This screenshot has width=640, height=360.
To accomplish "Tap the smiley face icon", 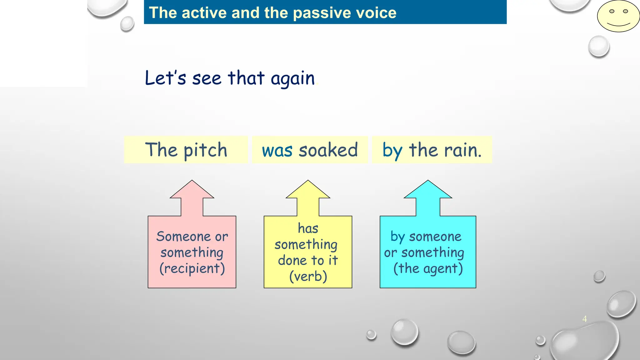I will [618, 16].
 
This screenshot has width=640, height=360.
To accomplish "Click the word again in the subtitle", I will [292, 78].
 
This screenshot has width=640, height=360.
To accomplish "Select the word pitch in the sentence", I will [205, 151].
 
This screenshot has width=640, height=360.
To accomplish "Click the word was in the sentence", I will [277, 151].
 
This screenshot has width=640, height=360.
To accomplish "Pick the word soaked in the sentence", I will [328, 150].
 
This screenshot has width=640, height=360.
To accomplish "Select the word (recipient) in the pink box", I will [192, 268].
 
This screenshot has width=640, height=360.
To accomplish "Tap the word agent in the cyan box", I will [440, 269].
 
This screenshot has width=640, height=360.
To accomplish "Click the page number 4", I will [584, 319].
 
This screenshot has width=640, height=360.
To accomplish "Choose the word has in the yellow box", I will [308, 228].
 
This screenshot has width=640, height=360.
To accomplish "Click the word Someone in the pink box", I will [183, 237].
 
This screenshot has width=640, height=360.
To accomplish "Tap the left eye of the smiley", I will [612, 11].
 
